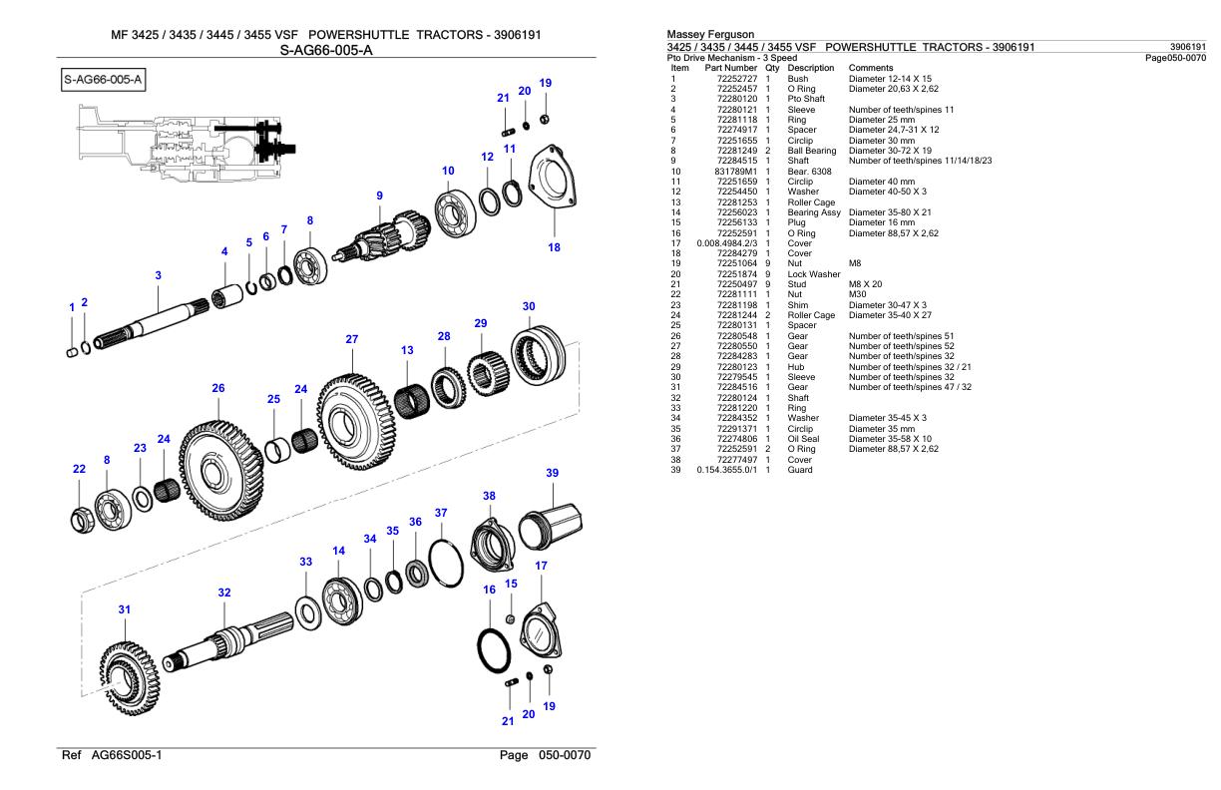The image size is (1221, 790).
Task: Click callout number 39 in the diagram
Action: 552,472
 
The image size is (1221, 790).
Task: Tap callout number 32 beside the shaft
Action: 224,592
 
